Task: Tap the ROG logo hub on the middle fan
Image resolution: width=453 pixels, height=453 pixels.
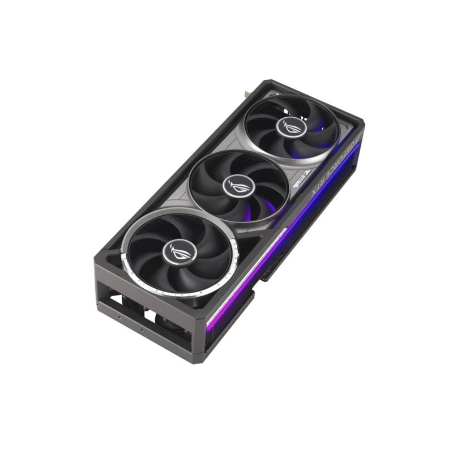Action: [235, 182]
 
